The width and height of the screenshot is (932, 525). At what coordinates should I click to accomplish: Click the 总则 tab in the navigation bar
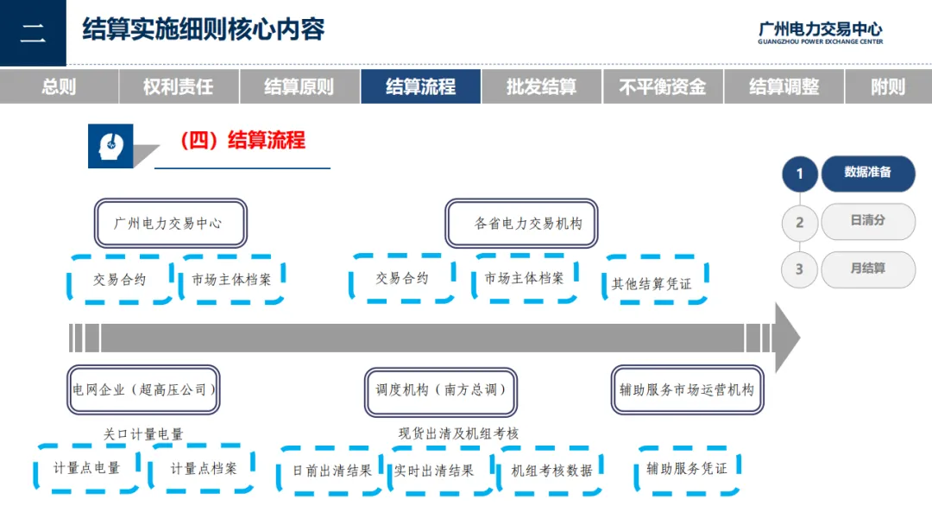[59, 87]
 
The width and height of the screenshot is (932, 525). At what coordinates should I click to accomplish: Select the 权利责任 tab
[179, 87]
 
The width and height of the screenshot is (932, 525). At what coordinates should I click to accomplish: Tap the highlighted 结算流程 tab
[420, 87]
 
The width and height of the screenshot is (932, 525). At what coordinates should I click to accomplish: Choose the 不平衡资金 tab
[662, 87]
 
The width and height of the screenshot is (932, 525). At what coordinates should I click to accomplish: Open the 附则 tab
[888, 87]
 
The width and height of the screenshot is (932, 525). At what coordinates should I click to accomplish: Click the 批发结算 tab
[541, 87]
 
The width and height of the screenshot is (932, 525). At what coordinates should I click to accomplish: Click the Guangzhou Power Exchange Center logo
[820, 33]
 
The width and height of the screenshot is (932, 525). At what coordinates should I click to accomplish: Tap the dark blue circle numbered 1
[800, 174]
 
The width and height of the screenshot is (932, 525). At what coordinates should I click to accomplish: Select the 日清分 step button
[867, 221]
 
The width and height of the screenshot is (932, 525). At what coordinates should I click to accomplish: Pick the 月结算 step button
[867, 269]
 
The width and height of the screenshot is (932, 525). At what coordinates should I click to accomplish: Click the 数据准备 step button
[867, 173]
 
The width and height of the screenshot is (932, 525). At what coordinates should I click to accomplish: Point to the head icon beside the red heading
[110, 145]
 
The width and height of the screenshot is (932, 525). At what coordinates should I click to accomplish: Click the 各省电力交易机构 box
[523, 224]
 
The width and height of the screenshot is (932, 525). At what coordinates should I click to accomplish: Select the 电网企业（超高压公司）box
[143, 389]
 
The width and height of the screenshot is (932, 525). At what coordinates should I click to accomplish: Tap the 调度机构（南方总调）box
[441, 390]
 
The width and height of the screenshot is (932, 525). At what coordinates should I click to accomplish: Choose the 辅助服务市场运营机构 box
[687, 390]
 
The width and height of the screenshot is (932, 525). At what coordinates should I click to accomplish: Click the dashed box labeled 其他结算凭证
[652, 282]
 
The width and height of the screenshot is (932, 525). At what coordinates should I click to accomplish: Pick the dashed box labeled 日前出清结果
[332, 471]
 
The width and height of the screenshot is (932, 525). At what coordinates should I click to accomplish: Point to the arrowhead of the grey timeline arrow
[786, 337]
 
